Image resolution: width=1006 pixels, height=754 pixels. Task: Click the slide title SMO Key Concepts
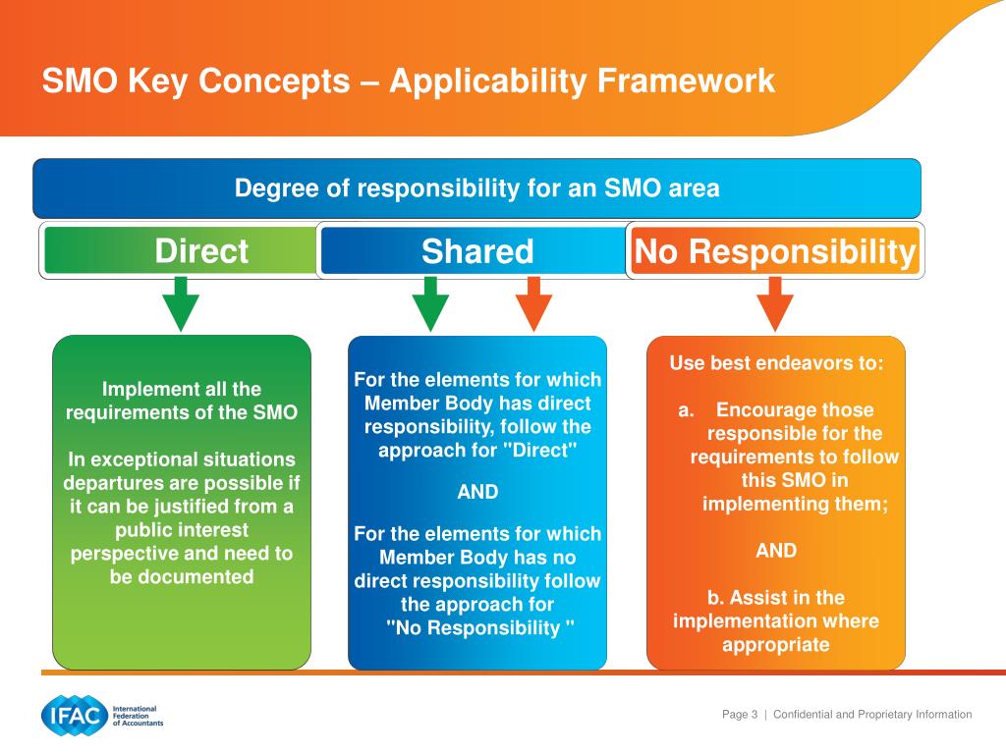408,81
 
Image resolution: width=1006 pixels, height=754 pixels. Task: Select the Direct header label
201,251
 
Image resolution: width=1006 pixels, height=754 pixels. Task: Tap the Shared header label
477,251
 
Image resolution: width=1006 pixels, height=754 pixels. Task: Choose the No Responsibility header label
775,251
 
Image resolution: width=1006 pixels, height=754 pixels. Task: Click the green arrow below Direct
181,303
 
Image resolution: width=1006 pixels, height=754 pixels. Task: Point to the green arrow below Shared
429,303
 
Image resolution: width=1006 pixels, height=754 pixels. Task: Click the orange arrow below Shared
533,303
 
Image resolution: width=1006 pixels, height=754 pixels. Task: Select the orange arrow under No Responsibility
775,303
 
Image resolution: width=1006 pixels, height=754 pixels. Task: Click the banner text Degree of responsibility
477,188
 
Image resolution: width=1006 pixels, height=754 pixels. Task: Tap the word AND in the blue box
477,493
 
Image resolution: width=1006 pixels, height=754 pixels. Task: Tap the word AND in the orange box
776,551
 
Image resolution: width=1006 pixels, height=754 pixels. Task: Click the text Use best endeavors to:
776,363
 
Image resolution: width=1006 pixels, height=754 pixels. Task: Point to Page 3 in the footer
740,715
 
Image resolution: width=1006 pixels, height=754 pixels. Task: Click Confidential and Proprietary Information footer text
872,715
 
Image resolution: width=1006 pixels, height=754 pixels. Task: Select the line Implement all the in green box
182,389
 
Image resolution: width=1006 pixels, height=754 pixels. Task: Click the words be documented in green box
182,576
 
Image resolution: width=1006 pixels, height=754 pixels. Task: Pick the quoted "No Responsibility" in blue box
479,628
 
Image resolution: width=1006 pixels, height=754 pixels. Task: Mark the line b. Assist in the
776,598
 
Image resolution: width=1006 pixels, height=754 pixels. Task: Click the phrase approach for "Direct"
477,451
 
